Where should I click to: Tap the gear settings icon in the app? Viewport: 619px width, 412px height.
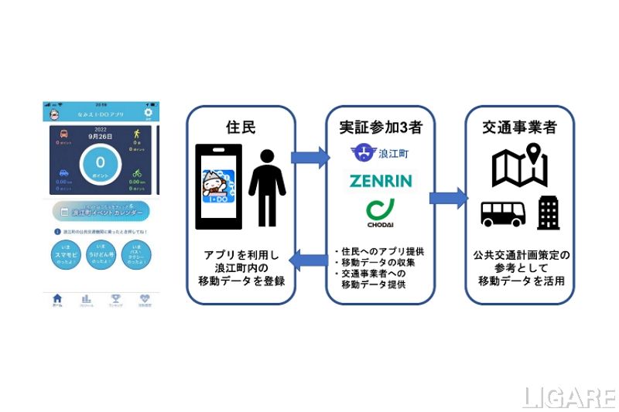148,113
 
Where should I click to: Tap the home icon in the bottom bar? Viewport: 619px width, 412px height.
57,300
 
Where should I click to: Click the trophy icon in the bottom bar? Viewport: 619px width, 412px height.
115,300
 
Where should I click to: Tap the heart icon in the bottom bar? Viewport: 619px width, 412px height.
144,300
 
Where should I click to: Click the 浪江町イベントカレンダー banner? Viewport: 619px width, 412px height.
100,210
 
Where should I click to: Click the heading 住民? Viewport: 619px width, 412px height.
240,124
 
